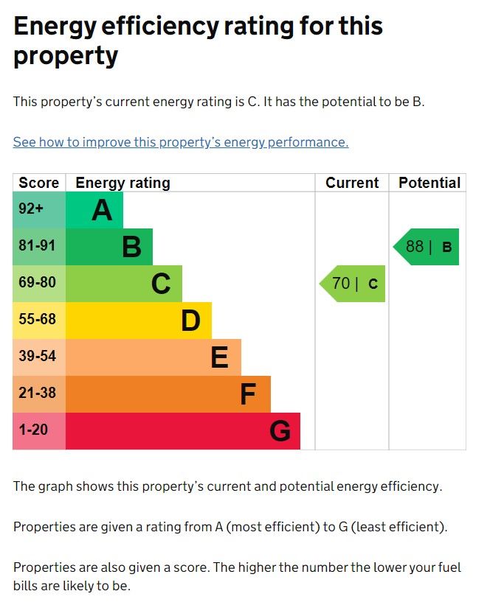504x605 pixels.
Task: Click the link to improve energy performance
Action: (x=181, y=142)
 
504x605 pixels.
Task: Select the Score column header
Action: (x=38, y=183)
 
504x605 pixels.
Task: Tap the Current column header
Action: (x=352, y=183)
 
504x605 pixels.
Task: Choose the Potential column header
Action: (x=429, y=183)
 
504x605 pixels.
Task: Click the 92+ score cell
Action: (x=32, y=209)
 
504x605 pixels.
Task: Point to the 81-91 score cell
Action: (x=37, y=246)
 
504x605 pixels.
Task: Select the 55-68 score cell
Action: (x=37, y=320)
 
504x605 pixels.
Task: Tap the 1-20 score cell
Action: (x=33, y=430)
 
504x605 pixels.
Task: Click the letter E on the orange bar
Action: (x=219, y=357)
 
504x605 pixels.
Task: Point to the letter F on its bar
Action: (x=248, y=395)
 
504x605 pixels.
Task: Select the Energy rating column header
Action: (x=122, y=183)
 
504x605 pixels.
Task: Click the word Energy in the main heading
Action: (x=60, y=27)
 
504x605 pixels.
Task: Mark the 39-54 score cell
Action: (x=37, y=357)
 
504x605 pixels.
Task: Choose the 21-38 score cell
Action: (x=37, y=394)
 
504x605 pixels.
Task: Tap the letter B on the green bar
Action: (x=131, y=247)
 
